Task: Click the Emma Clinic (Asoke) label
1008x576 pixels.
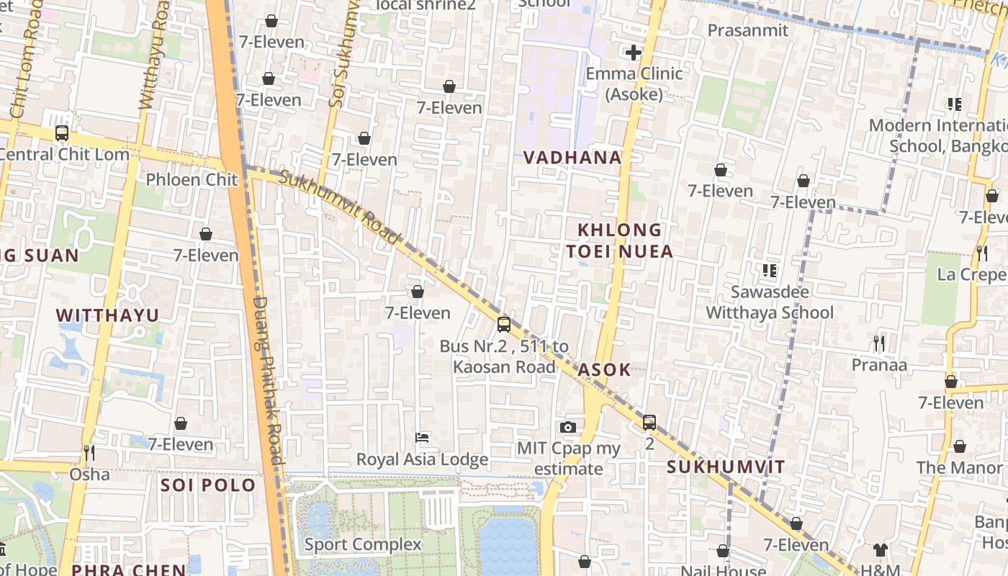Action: click(x=634, y=84)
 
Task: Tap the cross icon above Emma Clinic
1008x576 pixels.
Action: click(x=634, y=53)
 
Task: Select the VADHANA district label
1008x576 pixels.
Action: click(x=572, y=158)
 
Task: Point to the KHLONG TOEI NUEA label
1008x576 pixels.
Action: click(x=619, y=240)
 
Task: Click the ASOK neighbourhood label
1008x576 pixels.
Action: click(x=605, y=370)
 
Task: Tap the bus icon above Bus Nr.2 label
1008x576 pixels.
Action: click(x=504, y=324)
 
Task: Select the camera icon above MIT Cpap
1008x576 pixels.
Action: click(x=568, y=427)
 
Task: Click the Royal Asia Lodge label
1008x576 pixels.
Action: click(x=423, y=459)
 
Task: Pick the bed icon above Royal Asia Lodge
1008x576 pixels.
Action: click(x=423, y=438)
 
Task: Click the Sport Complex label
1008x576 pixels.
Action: click(x=363, y=544)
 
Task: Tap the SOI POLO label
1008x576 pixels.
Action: click(x=208, y=485)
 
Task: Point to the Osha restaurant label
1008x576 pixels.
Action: click(x=90, y=474)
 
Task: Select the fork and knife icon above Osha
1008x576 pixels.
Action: click(x=89, y=452)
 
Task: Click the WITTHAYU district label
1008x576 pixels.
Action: click(x=107, y=315)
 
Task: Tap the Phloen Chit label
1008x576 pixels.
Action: click(x=192, y=179)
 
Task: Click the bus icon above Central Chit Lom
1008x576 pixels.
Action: click(x=62, y=133)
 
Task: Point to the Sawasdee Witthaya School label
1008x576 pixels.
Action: click(x=770, y=302)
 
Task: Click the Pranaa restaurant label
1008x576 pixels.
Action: click(x=879, y=365)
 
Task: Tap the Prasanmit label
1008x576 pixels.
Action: click(x=748, y=30)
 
